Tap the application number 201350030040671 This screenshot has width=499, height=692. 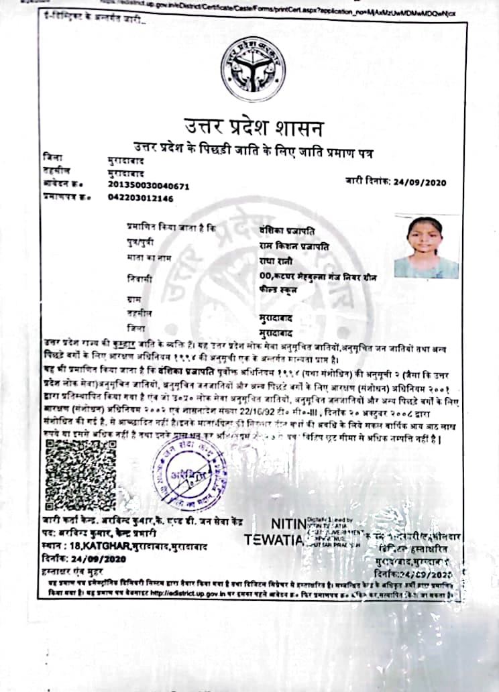click(148, 186)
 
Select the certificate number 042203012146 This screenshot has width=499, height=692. click(140, 198)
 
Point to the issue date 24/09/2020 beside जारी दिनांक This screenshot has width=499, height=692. click(419, 182)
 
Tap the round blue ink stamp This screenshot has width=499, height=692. click(189, 473)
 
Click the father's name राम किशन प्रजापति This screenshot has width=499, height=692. click(294, 245)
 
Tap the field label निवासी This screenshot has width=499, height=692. click(137, 277)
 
